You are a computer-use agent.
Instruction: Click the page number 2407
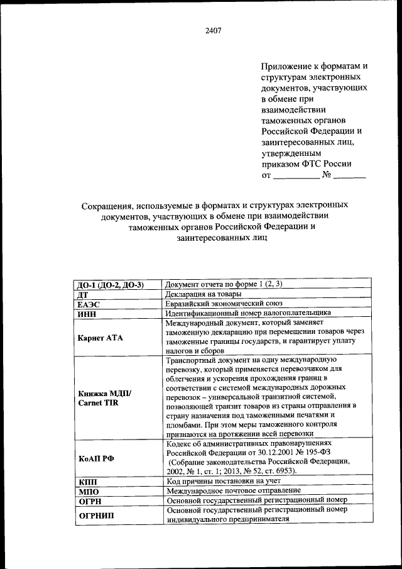tap(212, 30)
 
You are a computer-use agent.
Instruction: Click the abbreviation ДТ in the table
tap(82, 294)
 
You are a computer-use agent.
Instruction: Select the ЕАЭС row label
tap(89, 303)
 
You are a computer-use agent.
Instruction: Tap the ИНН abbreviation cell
tap(87, 312)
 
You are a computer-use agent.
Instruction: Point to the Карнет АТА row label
tap(100, 338)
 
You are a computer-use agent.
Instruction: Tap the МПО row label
tap(87, 490)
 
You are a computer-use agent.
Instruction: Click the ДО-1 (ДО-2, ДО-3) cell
tap(111, 284)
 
